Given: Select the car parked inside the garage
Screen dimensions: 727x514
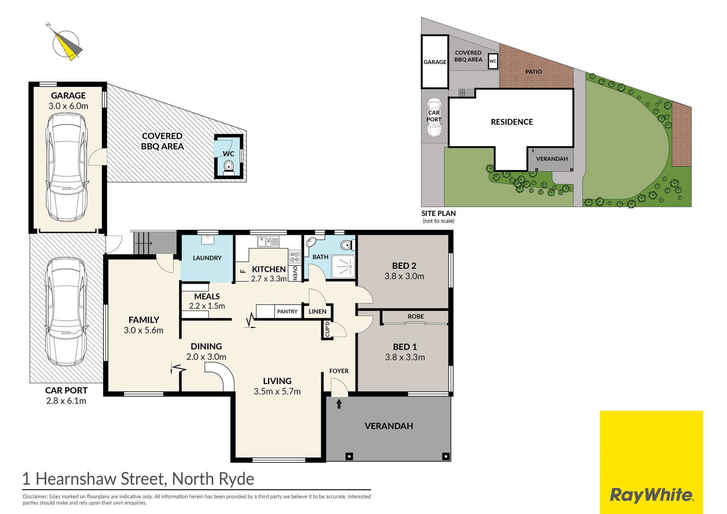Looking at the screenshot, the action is coord(67,167).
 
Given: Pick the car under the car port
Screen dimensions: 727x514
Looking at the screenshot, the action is coord(66,311).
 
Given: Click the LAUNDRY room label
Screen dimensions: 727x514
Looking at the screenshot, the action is coord(207,258).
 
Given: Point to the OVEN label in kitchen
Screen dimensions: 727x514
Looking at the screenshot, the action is coord(295,272).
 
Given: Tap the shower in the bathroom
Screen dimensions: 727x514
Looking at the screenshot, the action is coord(343,267).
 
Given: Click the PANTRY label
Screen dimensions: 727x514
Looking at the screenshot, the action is coord(287,311).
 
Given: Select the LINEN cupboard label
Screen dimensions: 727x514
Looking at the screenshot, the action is coord(317,311).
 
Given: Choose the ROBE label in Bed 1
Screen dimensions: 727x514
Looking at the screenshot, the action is coord(416,316).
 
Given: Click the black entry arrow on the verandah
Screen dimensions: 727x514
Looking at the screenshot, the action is coord(339,404).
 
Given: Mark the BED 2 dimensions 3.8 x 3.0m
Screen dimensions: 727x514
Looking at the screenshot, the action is coord(404,276).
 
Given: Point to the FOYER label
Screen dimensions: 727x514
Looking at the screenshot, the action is coord(339,371).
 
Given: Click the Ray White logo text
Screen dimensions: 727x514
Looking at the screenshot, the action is coord(652,495).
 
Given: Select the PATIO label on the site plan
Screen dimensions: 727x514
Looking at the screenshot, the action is coord(534,72).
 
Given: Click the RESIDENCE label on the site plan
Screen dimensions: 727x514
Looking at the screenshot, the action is coord(512,122).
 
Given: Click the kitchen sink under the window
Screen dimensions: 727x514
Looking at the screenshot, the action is coord(268,241).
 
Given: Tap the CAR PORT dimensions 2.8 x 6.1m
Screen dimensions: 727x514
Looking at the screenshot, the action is coord(66,401).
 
